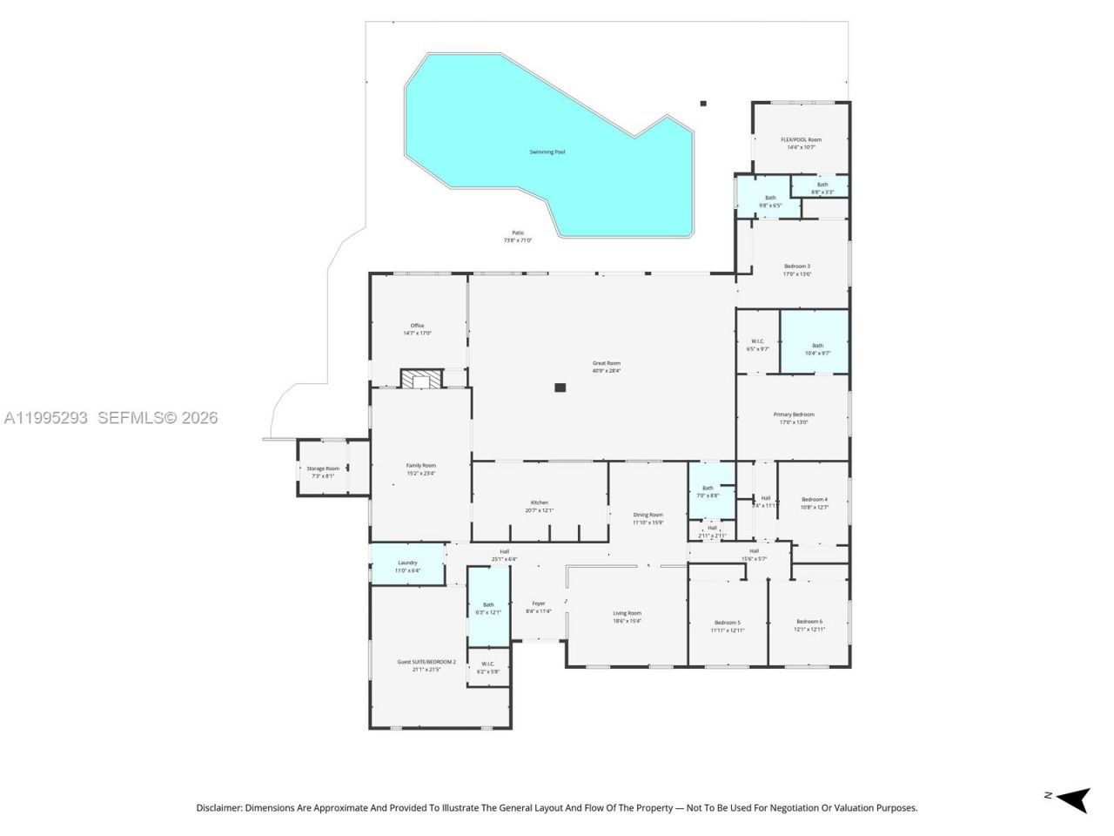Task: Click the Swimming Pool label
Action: tap(547, 152)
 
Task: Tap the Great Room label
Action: tap(606, 363)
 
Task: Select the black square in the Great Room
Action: tap(560, 388)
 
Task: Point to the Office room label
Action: tap(417, 326)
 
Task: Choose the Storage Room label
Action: tap(323, 469)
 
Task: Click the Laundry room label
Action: tap(407, 563)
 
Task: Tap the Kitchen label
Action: tap(540, 502)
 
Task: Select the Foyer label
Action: tap(539, 603)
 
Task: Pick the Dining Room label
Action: tap(648, 515)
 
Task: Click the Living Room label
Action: tap(627, 613)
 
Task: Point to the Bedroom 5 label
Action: tap(727, 622)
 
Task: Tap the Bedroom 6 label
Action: tap(808, 622)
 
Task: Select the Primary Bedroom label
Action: tap(794, 415)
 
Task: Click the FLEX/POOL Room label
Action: tap(801, 139)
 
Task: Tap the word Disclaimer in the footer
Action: tap(218, 808)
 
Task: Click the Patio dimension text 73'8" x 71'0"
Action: tap(517, 240)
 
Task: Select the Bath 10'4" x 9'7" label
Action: tap(817, 345)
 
